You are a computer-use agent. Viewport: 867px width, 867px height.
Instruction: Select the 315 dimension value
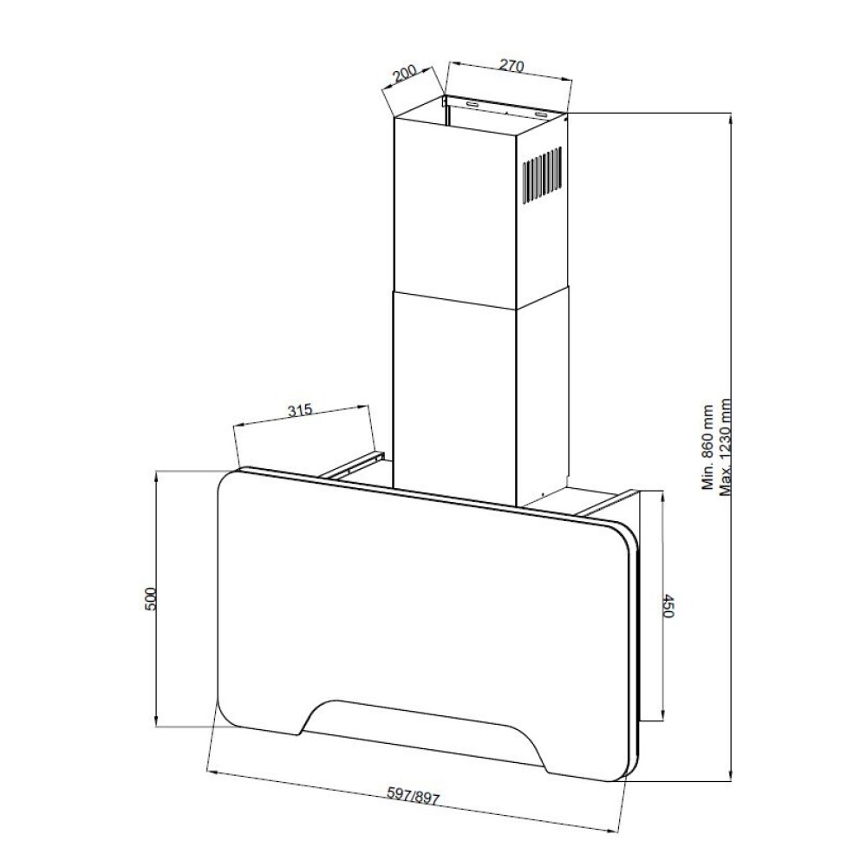(300, 410)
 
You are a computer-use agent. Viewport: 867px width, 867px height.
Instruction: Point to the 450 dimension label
(669, 606)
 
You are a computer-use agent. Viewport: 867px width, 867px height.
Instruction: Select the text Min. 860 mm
(707, 447)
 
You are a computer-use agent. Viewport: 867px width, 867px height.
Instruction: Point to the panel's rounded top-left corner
(226, 480)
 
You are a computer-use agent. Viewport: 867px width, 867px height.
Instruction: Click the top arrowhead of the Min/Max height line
(732, 119)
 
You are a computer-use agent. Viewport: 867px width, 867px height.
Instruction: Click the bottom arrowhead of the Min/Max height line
(732, 774)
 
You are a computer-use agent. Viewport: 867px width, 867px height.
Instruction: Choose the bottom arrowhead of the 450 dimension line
(662, 714)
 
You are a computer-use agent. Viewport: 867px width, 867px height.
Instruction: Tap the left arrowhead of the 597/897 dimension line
(212, 772)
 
